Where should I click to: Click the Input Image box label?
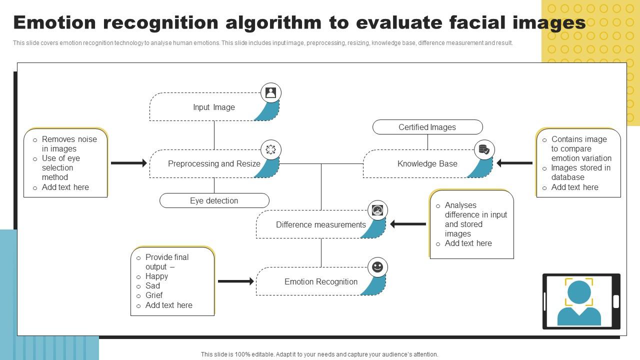[x=213, y=107]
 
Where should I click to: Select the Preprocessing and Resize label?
[x=214, y=163]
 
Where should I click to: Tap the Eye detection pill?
[x=214, y=200]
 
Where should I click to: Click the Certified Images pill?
[x=427, y=127]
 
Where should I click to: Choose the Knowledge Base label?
[x=427, y=163]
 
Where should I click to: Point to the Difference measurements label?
[x=320, y=224]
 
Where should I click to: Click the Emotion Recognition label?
[x=320, y=281]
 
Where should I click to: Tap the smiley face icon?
[x=377, y=267]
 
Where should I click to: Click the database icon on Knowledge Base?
[x=484, y=149]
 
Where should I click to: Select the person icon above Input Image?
[x=270, y=92]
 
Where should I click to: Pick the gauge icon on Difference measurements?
[x=377, y=210]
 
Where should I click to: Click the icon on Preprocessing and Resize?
[x=270, y=149]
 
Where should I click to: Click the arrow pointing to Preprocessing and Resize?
[x=128, y=163]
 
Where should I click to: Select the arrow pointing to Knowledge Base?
[x=514, y=163]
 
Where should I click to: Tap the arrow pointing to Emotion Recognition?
[x=235, y=281]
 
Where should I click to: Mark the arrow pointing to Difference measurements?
[x=408, y=224]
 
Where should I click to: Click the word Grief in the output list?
[x=154, y=295]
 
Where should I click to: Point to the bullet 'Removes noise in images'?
[x=69, y=144]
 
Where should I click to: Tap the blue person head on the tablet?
[x=579, y=292]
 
